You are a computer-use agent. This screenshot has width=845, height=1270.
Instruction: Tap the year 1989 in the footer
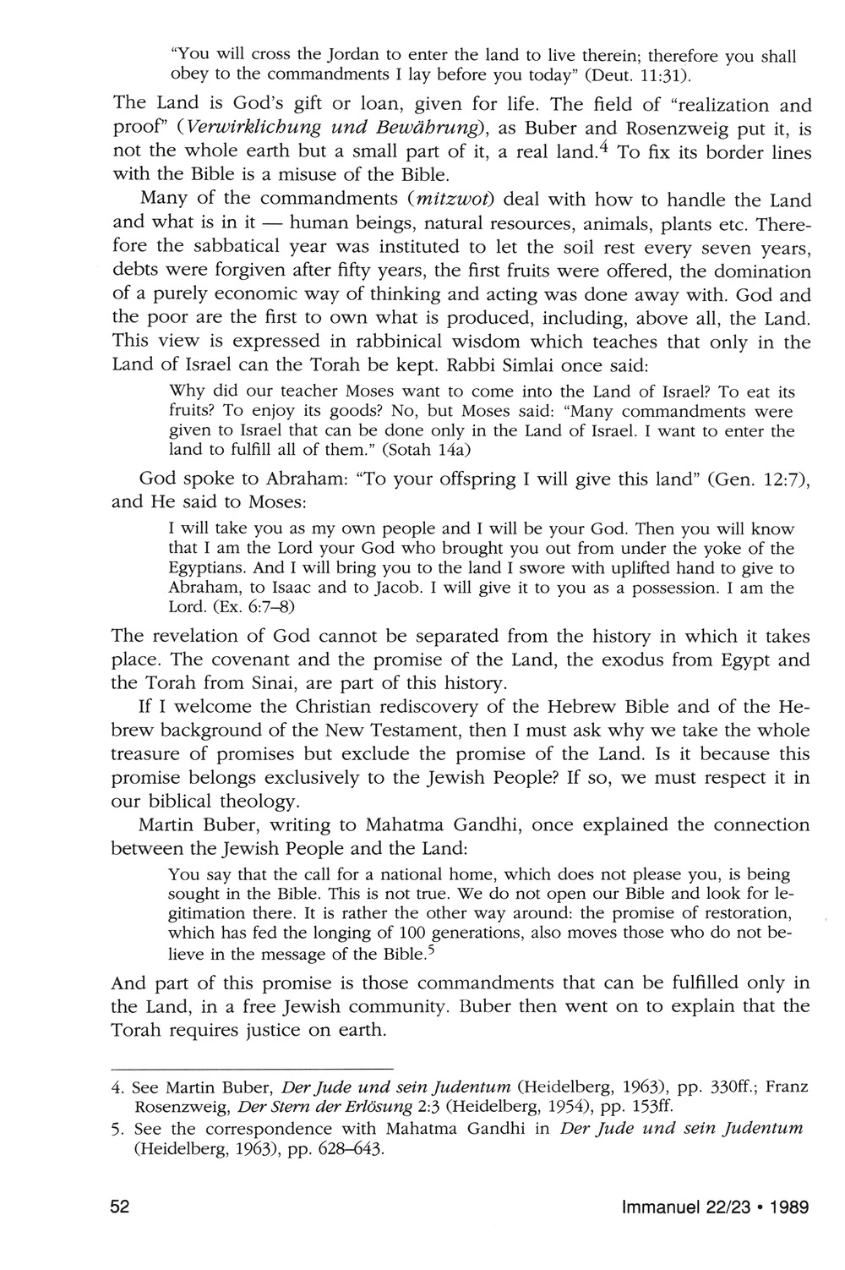[788, 1207]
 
